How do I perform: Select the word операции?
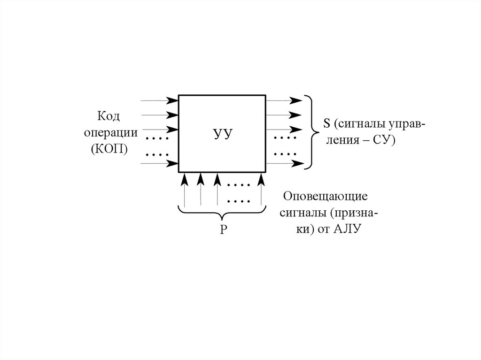click(x=111, y=132)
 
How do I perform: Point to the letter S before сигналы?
click(x=326, y=123)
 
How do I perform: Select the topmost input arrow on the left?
click(x=160, y=100)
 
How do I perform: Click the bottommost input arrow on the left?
click(x=160, y=163)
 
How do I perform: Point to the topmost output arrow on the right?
click(x=284, y=100)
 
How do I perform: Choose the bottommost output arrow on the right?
click(x=284, y=163)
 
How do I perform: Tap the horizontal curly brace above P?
click(x=222, y=214)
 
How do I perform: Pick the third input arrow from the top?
click(x=160, y=130)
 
